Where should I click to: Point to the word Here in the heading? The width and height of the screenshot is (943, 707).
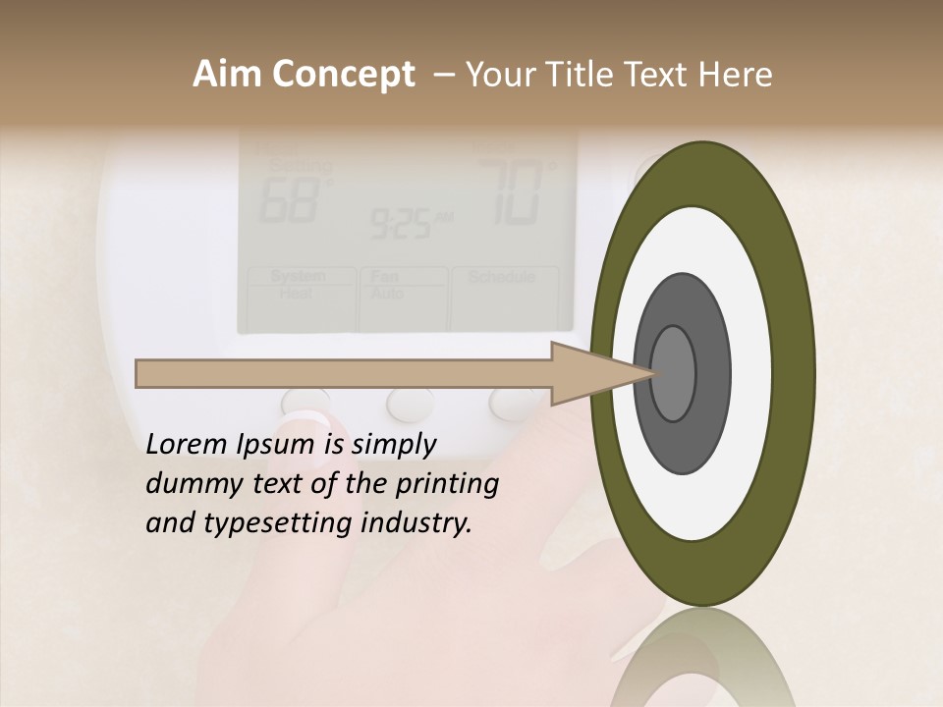pos(736,75)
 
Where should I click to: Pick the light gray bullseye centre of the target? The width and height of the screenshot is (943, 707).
pos(673,374)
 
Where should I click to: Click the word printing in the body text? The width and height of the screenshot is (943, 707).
pos(447,484)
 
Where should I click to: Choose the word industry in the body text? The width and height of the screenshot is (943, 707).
pos(416,523)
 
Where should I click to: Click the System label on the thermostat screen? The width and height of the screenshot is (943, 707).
pos(298,277)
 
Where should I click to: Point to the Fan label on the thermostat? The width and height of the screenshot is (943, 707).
pos(384,277)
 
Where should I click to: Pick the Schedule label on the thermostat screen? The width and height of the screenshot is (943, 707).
pos(502,277)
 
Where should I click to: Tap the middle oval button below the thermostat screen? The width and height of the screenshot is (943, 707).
pos(411,402)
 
